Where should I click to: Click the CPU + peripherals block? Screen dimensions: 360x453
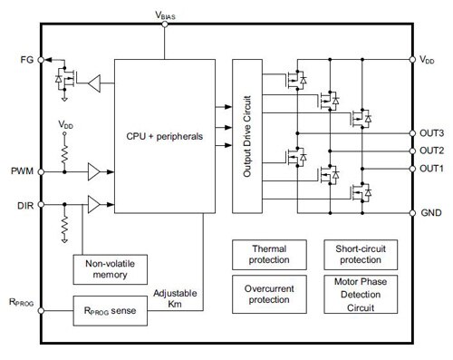point(164,137)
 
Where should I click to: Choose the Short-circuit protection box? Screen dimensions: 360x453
point(355,253)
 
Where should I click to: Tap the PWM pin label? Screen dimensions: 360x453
point(21,169)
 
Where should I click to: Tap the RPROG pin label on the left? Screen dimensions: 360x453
point(19,304)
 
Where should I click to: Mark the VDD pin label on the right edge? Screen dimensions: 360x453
point(429,59)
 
